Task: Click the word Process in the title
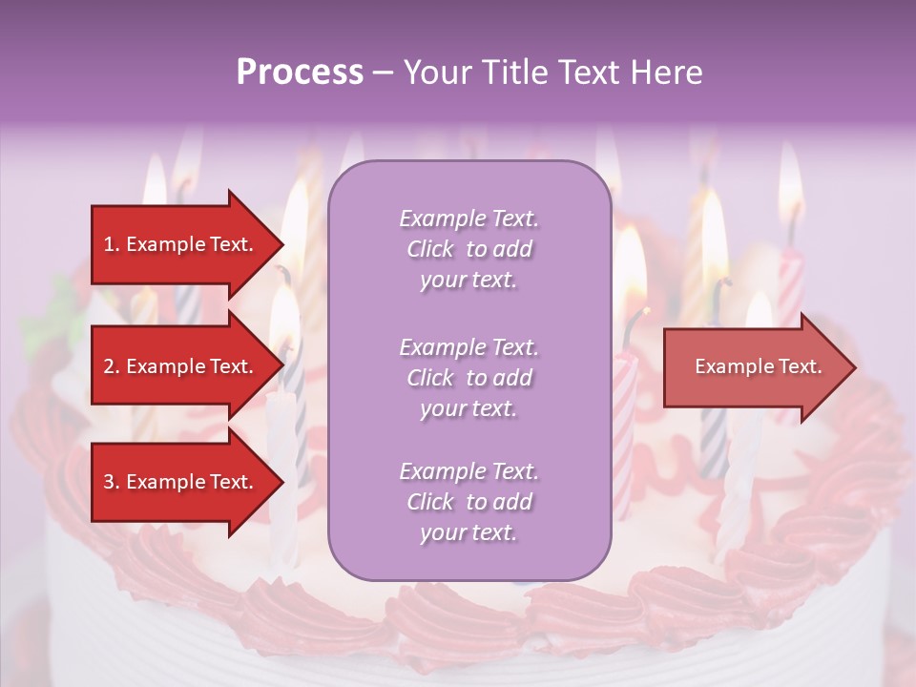[x=300, y=73]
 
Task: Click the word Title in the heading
[x=510, y=73]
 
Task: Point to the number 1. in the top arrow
[x=112, y=244]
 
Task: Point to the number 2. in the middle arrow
[x=112, y=366]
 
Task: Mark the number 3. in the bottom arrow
[x=112, y=482]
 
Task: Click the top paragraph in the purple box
[x=468, y=249]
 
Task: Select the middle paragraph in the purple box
[x=468, y=378]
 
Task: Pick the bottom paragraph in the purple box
[x=468, y=502]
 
